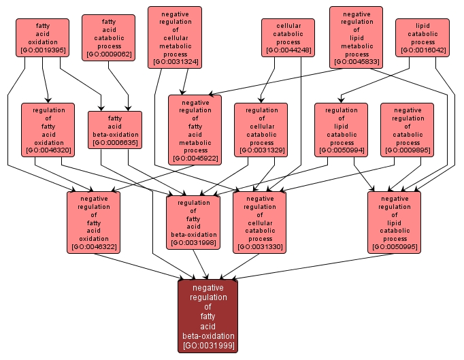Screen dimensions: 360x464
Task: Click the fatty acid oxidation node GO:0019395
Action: coord(43,37)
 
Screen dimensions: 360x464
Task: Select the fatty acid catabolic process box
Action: coord(108,37)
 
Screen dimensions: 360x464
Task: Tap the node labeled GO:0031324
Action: coord(175,37)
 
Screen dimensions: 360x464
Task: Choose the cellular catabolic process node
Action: coord(288,37)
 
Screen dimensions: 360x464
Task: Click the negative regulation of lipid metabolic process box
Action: coord(357,37)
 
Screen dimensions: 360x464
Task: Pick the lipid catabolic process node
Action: coord(422,37)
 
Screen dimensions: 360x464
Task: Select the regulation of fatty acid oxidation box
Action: coord(48,129)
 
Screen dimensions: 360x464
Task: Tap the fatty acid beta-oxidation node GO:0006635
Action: coord(115,129)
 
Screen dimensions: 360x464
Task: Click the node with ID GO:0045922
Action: coord(195,129)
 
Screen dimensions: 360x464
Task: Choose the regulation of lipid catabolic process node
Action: coord(341,129)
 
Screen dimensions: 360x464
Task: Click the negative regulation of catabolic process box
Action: coord(408,129)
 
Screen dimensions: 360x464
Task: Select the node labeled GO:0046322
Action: coord(94,222)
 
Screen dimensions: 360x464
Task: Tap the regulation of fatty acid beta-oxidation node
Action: coord(194,222)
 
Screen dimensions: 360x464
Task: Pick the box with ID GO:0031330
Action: coord(260,222)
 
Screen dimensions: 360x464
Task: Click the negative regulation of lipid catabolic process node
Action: coord(395,222)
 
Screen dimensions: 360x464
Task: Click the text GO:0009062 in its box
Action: coord(108,54)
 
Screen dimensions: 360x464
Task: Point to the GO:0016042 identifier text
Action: coord(422,50)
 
